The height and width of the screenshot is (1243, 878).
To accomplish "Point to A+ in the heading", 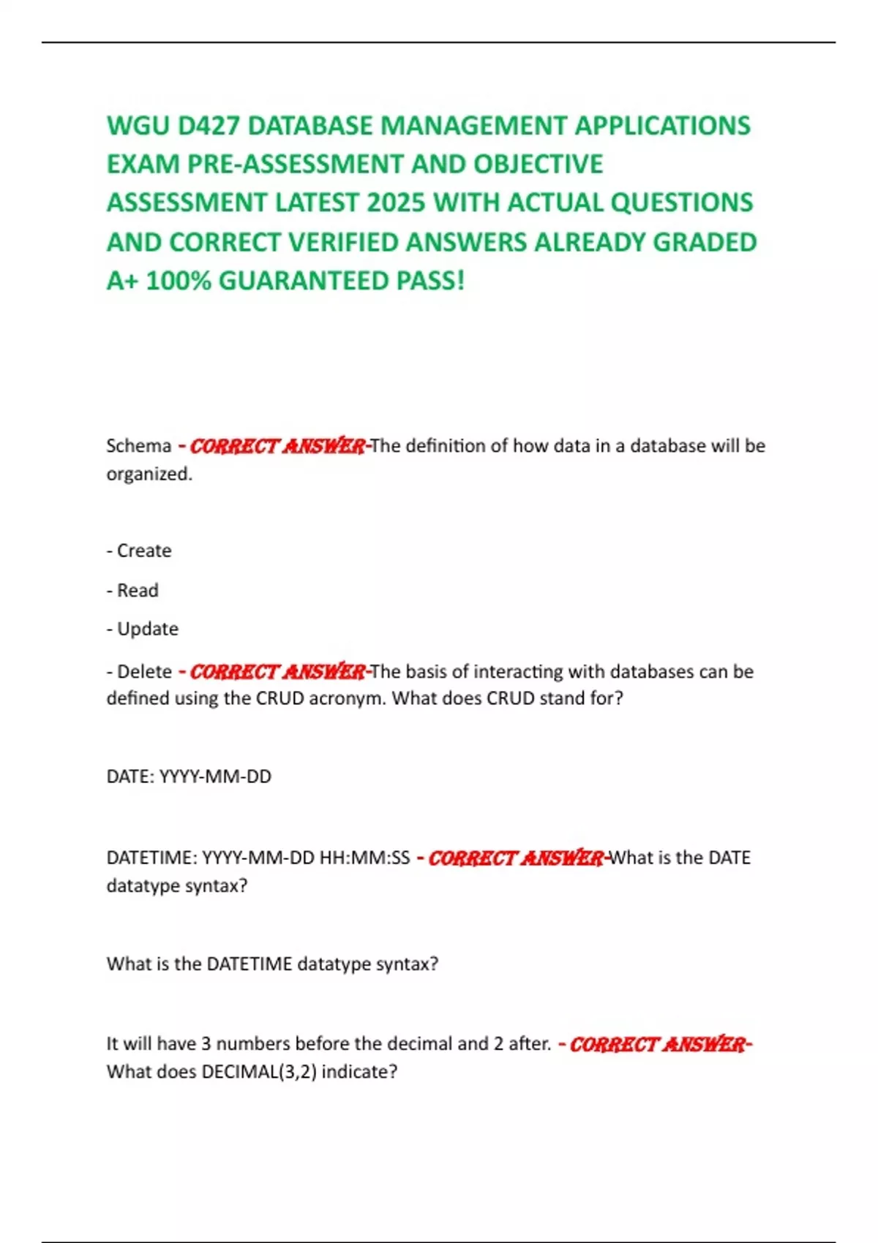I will point(122,281).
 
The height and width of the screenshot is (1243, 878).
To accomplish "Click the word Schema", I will point(139,445).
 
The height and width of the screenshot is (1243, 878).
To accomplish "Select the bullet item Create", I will point(144,551).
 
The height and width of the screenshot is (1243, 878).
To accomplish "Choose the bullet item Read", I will point(138,590).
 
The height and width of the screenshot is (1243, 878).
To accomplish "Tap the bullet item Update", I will point(148,629).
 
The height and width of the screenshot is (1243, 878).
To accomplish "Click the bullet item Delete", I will point(144,671).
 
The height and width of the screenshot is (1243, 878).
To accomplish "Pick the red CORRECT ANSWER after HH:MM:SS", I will point(515,858).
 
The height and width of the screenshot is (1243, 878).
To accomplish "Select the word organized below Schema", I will point(149,474).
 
